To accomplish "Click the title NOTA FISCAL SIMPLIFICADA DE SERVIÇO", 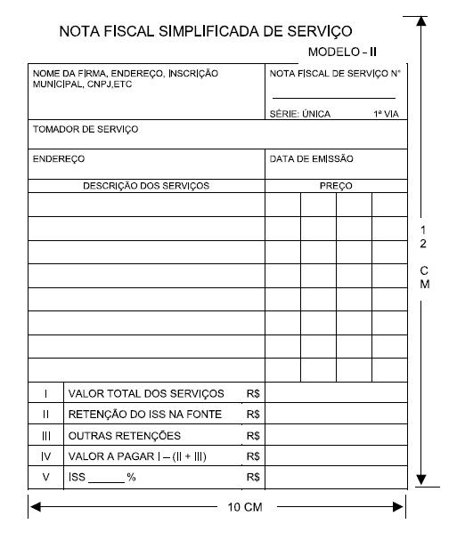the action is (x=205, y=31).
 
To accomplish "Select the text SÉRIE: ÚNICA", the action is (x=300, y=114).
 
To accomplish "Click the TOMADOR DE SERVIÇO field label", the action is (x=86, y=130).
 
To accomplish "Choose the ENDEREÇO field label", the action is (x=59, y=159).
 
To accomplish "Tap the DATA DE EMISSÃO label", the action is (x=312, y=159).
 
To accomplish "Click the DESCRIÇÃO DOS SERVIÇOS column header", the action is (x=146, y=186).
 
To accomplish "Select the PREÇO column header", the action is (x=336, y=186).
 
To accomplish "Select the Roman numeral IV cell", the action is (x=46, y=456).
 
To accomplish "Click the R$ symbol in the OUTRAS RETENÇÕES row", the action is (x=253, y=436).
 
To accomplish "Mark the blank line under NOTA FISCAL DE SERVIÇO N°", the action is (x=334, y=97).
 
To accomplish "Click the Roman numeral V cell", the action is (x=46, y=478).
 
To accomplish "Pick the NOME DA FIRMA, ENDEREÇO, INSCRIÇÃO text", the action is (x=126, y=73).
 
